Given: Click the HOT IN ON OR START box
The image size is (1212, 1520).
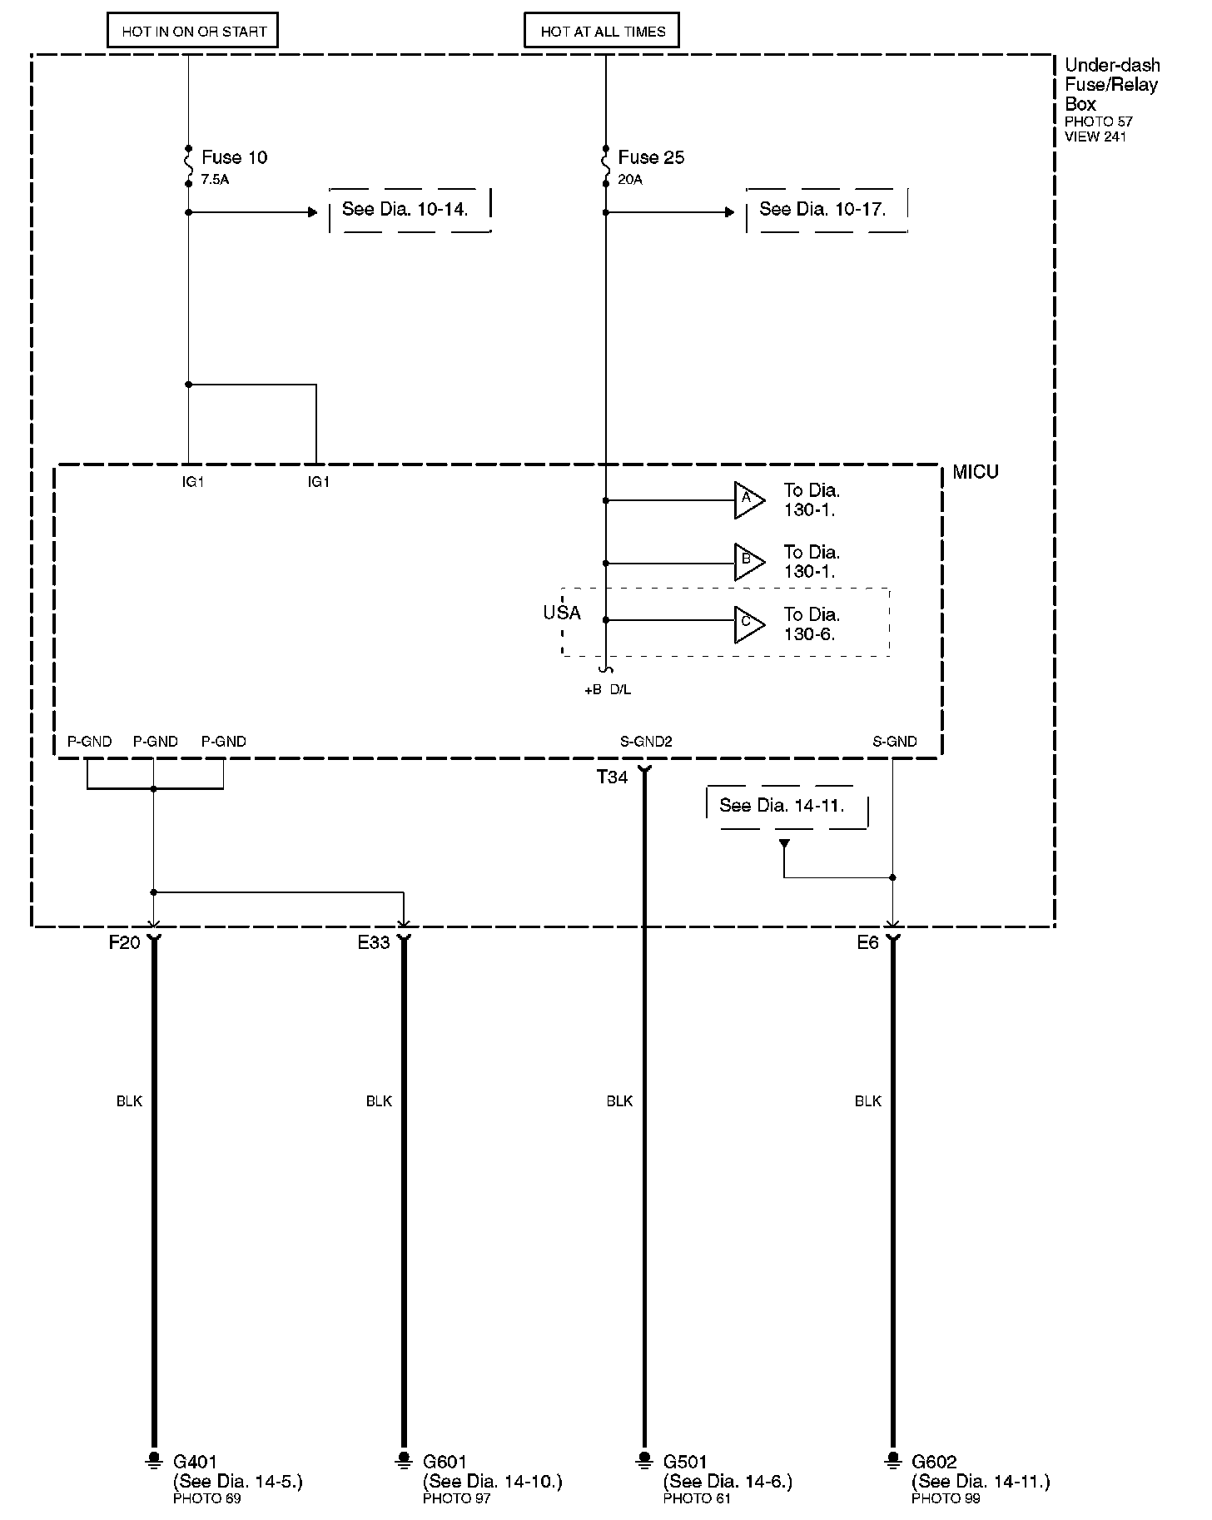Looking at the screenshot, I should (193, 32).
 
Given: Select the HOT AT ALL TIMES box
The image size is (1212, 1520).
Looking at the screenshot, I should (603, 32).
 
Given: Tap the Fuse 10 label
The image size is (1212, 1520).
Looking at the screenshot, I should (234, 157).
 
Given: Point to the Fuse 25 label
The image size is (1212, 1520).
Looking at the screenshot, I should (651, 157).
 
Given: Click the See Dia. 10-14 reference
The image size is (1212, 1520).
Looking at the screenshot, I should (405, 209).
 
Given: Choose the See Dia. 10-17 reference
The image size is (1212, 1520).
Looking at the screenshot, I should (822, 209).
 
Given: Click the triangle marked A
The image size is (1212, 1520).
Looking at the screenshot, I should (748, 499).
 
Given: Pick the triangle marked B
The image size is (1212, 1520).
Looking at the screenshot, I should (748, 562).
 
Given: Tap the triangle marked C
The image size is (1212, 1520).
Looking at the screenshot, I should (748, 623).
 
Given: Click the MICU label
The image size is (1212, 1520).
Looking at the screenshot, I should (975, 472).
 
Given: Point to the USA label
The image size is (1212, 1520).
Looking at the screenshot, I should (562, 613).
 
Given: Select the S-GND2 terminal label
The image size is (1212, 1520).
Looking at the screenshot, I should (646, 742).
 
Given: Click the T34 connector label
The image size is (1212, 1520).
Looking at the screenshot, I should (612, 777).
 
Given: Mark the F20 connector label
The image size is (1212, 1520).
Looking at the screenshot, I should (125, 943).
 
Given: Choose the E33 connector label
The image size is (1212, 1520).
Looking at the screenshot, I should (374, 943).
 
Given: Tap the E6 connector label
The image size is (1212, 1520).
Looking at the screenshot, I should (867, 943).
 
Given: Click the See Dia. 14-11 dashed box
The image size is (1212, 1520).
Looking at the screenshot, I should (782, 806).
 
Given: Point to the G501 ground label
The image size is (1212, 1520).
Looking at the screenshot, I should (685, 1461).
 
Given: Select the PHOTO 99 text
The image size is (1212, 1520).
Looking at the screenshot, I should (946, 1498).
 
